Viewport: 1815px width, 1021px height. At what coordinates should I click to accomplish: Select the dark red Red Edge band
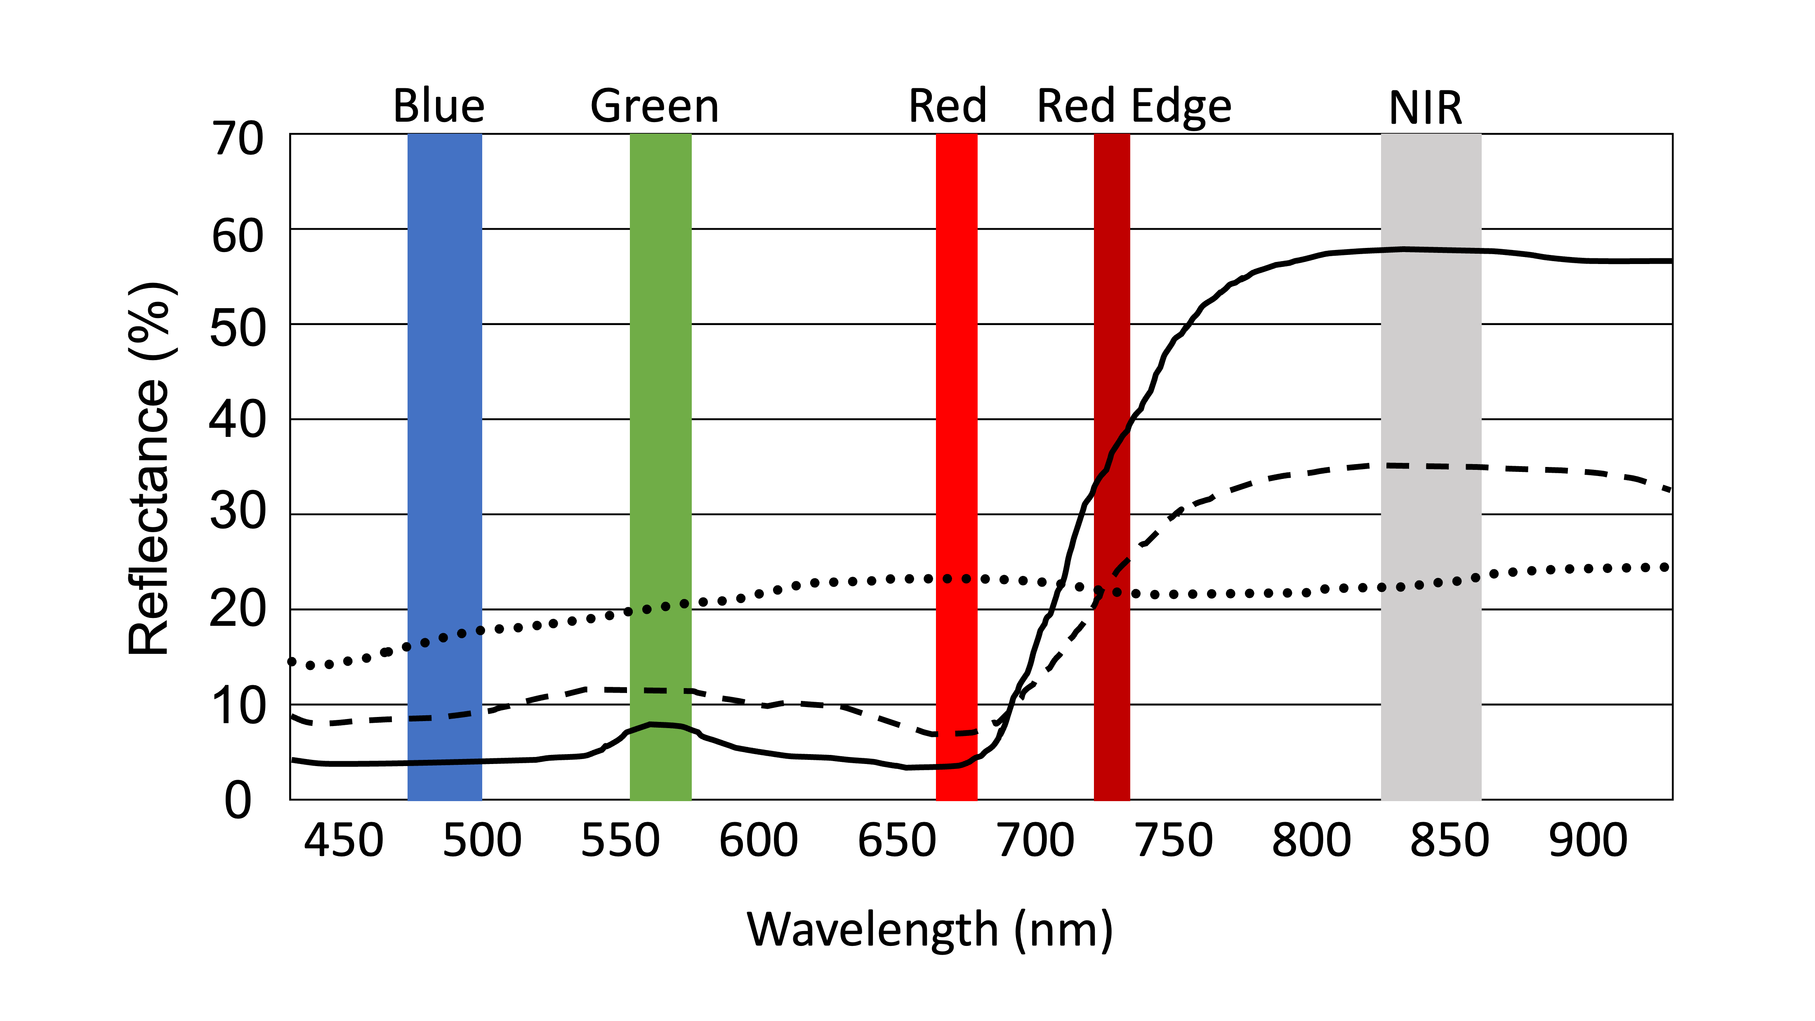[x=1111, y=352]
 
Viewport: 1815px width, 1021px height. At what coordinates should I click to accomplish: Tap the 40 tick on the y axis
[x=238, y=421]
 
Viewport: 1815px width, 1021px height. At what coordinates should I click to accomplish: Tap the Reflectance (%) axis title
[x=149, y=469]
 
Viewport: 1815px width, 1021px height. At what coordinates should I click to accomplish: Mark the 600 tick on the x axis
[x=758, y=841]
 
